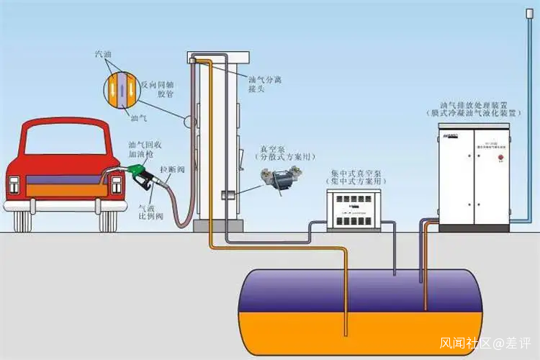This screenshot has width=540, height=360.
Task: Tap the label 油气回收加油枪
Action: coord(143,150)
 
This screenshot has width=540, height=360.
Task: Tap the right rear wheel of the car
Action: coord(108,220)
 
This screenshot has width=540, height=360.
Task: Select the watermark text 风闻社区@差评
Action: coord(485,343)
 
